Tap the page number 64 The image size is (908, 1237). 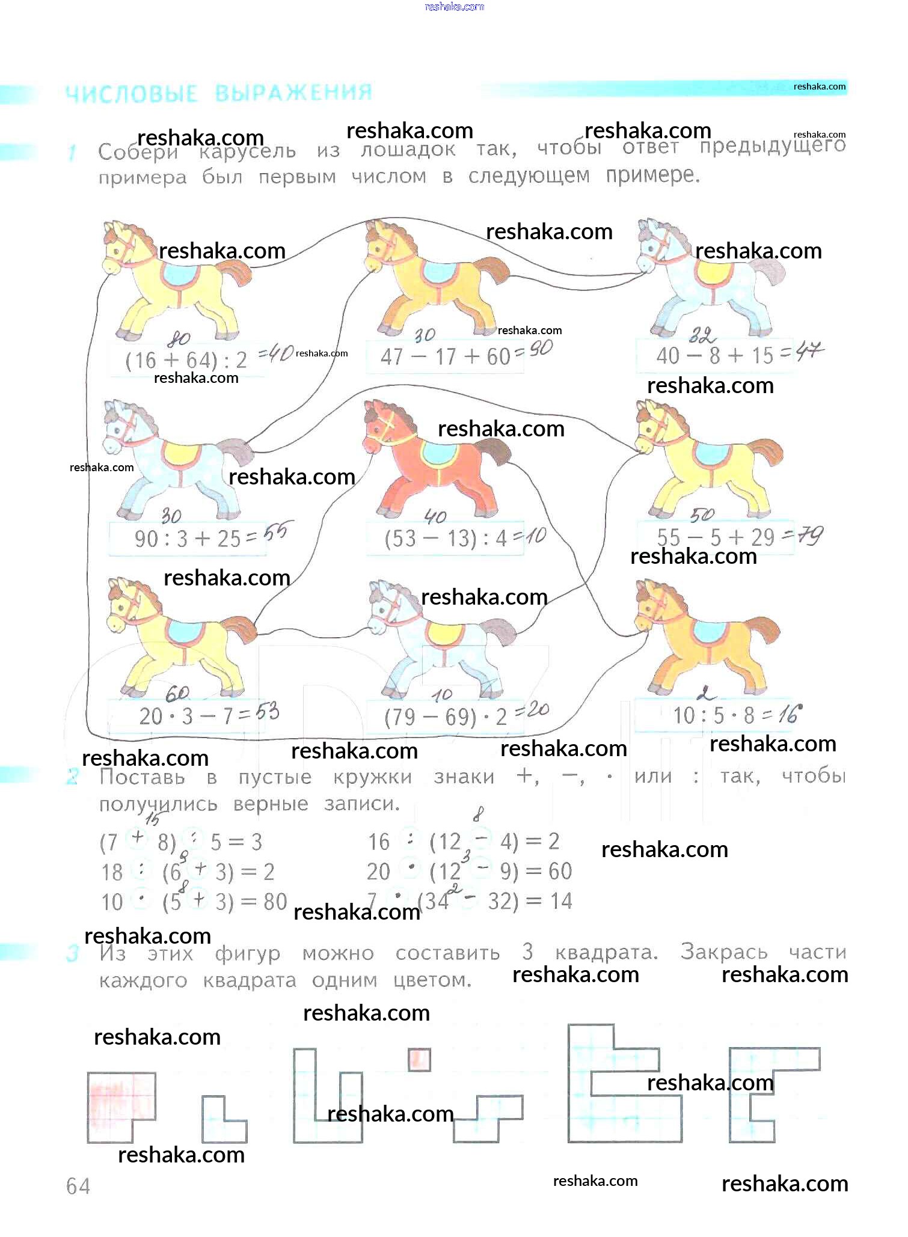(x=78, y=1186)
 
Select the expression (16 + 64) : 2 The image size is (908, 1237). (x=186, y=360)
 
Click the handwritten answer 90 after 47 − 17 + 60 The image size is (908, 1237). (x=541, y=348)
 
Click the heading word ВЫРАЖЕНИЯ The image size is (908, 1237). (x=293, y=93)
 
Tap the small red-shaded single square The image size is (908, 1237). (x=419, y=1060)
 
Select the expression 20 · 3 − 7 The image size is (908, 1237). (x=186, y=716)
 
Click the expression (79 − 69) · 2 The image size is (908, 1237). (x=446, y=717)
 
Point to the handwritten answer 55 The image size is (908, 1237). (x=276, y=532)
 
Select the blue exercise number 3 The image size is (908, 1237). (x=72, y=954)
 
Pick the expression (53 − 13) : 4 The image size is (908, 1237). (x=446, y=539)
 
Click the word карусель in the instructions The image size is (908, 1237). (x=247, y=151)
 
